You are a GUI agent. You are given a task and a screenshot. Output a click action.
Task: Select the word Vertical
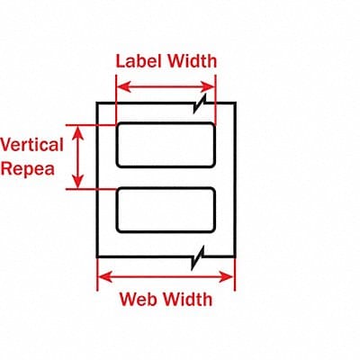[31, 144]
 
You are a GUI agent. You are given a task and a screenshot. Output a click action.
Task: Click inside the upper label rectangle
[166, 145]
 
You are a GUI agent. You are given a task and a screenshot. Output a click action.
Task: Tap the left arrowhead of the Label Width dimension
[122, 87]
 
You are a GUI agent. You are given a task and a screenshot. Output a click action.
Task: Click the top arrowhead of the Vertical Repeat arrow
[81, 129]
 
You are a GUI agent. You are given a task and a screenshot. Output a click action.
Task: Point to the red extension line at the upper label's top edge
[94, 123]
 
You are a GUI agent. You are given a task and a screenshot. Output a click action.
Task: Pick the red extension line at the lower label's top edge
[94, 188]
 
